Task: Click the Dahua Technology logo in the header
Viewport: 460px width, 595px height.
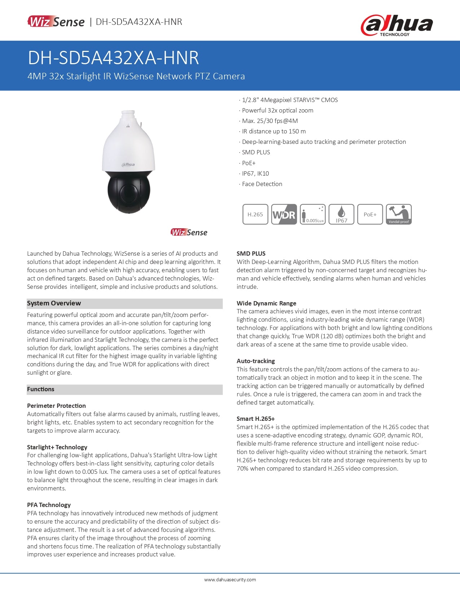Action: pyautogui.click(x=397, y=25)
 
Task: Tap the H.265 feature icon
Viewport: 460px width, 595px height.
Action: pyautogui.click(x=255, y=214)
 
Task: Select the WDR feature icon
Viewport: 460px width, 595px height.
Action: pyautogui.click(x=284, y=214)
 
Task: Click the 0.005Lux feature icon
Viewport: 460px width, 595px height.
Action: pyautogui.click(x=313, y=214)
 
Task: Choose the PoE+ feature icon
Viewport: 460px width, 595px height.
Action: pyautogui.click(x=370, y=214)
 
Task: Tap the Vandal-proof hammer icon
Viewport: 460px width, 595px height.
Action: pyautogui.click(x=399, y=214)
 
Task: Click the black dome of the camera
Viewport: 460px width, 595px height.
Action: pyautogui.click(x=128, y=191)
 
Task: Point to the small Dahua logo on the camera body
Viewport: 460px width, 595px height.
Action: pyautogui.click(x=128, y=165)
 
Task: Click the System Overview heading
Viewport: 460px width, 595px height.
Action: pyautogui.click(x=54, y=303)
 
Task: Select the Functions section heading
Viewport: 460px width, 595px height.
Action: pyautogui.click(x=41, y=389)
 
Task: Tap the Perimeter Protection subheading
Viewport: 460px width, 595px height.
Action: pyautogui.click(x=56, y=406)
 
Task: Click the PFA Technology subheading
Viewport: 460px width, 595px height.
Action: pyautogui.click(x=49, y=505)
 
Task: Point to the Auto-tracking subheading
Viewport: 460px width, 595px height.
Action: pyautogui.click(x=255, y=361)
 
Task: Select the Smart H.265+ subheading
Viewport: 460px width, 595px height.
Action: pyautogui.click(x=255, y=419)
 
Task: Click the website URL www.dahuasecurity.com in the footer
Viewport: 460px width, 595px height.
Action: pyautogui.click(x=230, y=579)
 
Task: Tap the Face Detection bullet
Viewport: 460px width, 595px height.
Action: pyautogui.click(x=262, y=184)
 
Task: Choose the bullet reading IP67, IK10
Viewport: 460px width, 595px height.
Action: pyautogui.click(x=255, y=173)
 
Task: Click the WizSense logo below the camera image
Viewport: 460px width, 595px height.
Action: pyautogui.click(x=189, y=233)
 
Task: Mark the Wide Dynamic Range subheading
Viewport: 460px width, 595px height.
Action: pyautogui.click(x=266, y=303)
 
